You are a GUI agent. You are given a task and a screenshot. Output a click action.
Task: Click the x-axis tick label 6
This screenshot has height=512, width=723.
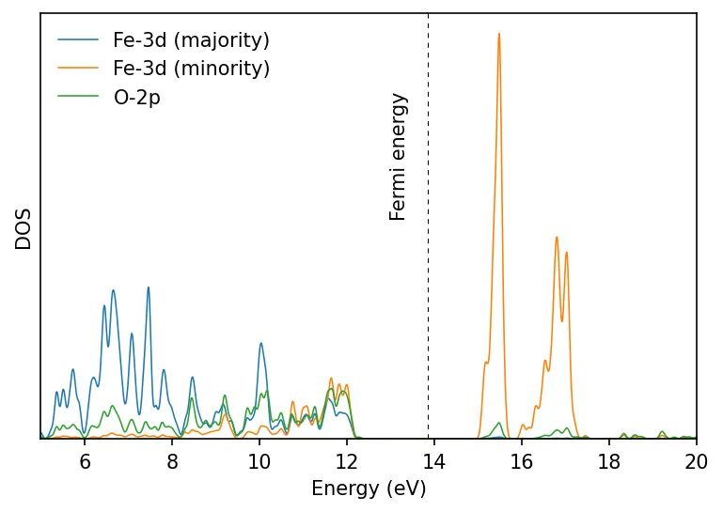[85, 461]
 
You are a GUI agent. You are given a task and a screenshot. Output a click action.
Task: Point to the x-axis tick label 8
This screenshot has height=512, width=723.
[172, 461]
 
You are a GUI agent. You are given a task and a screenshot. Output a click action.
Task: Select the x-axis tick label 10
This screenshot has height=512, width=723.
[259, 461]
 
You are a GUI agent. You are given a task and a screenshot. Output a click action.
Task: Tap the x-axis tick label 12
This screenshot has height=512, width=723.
[347, 461]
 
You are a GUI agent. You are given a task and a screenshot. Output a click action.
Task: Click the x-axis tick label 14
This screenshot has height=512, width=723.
[434, 461]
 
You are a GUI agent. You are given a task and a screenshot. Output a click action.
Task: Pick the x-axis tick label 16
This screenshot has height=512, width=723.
[522, 461]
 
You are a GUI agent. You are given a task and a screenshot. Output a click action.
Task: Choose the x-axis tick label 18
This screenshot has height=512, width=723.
[609, 461]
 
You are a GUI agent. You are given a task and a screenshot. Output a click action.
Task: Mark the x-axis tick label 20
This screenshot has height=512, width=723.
[696, 461]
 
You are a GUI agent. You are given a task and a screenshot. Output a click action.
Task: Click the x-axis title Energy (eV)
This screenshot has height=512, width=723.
[369, 489]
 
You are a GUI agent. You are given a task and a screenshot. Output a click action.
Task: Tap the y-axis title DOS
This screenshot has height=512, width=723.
[24, 228]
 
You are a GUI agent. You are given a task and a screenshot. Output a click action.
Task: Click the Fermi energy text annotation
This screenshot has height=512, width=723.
[399, 157]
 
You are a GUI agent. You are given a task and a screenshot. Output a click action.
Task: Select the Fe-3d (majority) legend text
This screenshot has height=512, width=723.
[191, 40]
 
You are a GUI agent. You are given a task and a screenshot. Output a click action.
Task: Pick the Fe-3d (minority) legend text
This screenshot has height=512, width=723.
[191, 69]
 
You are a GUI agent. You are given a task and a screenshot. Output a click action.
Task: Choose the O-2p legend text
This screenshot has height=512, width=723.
[136, 97]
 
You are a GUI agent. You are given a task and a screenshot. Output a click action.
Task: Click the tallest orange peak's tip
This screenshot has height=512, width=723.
[498, 34]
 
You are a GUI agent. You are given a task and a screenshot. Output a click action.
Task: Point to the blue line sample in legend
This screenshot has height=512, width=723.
[78, 40]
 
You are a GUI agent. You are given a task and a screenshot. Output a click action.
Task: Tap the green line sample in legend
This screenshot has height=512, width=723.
[78, 97]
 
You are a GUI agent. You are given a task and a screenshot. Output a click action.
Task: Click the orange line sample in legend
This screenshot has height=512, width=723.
[78, 69]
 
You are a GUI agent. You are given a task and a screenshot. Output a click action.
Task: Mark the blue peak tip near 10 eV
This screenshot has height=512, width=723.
[260, 343]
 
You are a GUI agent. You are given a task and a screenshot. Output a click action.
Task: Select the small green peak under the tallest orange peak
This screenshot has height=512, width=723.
[498, 423]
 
